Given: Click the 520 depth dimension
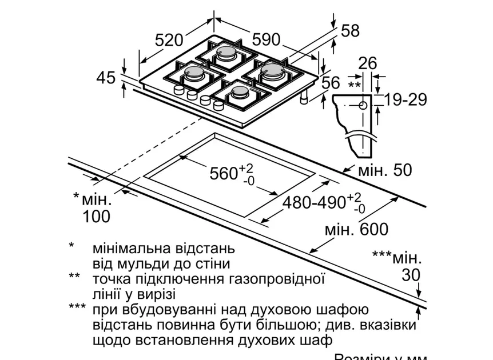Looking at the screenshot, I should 169,40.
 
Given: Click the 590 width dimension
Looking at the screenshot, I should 266,39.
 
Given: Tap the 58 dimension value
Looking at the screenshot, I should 350,31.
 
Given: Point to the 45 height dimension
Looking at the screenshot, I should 106,77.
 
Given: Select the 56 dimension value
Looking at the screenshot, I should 331,83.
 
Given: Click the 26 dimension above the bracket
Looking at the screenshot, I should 368,63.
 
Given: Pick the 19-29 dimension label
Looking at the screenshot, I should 405,99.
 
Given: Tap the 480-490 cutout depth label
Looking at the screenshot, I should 312,202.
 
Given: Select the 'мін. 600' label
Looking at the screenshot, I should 356,230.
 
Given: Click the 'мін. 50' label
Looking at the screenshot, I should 384,170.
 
